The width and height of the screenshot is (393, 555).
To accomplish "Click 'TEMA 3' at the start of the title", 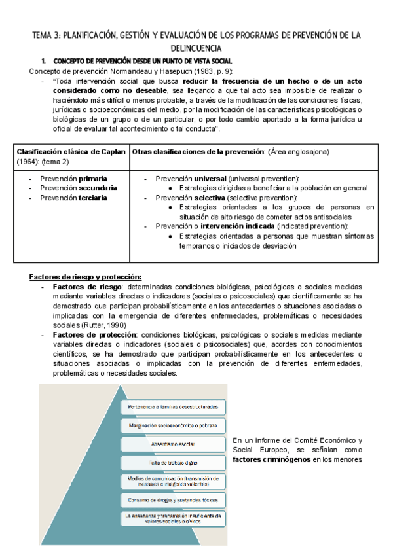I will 46,35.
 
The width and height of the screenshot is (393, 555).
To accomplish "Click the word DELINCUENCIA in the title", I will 196,48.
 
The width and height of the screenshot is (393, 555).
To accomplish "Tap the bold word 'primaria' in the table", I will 94,179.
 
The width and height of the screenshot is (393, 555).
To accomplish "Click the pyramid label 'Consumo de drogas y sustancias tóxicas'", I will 172,500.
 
